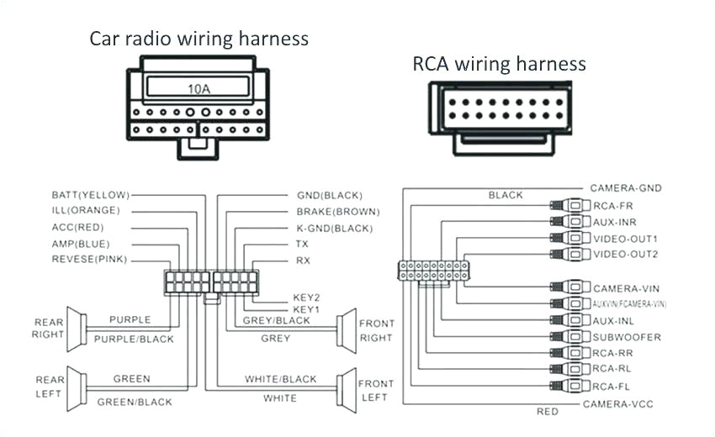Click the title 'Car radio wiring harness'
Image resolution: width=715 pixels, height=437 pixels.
(199, 39)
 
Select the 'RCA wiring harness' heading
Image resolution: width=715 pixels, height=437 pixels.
(499, 63)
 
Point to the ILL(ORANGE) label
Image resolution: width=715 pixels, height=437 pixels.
(86, 210)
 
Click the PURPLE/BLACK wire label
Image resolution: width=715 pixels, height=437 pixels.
(134, 339)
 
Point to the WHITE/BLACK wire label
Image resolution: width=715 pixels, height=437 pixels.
(281, 379)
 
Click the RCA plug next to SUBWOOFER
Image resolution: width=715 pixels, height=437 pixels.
(571, 337)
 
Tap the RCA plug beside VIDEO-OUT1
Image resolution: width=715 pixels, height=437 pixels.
(571, 239)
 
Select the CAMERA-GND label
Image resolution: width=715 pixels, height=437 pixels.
(625, 188)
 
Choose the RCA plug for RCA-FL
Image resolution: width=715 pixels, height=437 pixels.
(571, 386)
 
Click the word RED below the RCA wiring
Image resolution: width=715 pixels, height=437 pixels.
(547, 412)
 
